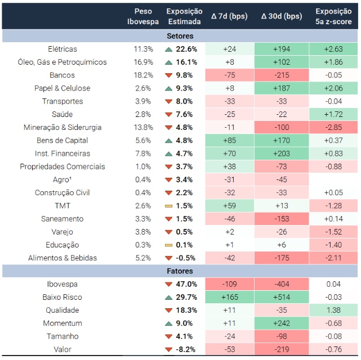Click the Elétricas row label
63,49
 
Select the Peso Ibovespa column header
143,16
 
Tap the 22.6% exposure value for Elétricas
186,49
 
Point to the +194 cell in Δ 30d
282,49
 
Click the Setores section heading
180,35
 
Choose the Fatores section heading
180,271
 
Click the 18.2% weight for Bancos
143,75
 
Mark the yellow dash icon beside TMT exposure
168,206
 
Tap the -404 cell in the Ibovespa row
282,284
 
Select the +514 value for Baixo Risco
282,297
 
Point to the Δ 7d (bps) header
229,16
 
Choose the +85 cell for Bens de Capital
229,140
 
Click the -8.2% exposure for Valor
186,349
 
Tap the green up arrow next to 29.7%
168,297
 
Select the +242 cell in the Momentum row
282,323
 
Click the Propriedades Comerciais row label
63,166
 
